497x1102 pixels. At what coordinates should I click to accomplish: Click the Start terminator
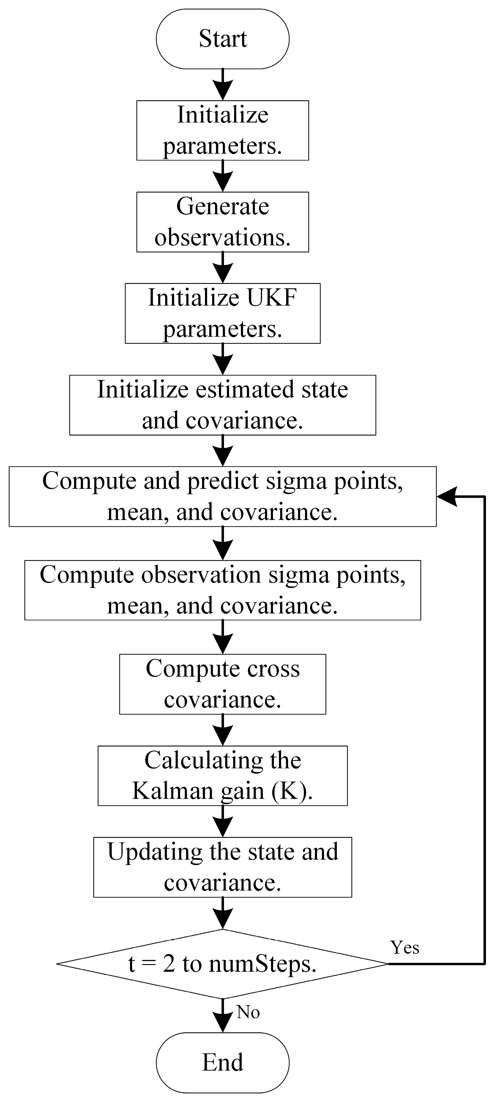(x=223, y=39)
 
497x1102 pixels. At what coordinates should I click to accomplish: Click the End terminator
(x=223, y=1062)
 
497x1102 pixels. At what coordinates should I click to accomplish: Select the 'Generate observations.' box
(x=223, y=222)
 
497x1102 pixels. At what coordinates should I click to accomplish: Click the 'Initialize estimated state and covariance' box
(x=223, y=405)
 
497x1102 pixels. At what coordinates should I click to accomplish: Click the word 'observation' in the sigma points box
(x=201, y=575)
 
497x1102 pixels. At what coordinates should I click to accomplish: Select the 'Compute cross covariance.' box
(x=223, y=684)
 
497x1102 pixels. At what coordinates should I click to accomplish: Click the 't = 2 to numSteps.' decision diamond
(x=223, y=964)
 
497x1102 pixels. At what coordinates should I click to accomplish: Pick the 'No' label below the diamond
(x=248, y=1012)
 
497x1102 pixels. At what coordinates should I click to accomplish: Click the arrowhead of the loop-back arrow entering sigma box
(x=447, y=496)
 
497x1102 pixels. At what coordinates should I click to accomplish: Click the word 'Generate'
(x=223, y=207)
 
